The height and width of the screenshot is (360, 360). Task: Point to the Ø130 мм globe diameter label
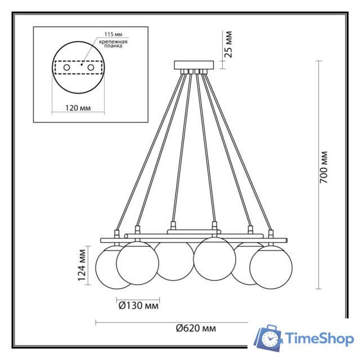138,307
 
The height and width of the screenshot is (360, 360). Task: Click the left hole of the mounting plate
67,67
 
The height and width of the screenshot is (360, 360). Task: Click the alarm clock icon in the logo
271,339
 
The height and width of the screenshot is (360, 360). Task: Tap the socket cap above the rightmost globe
271,233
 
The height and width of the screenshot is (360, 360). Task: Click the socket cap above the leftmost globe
117,233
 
